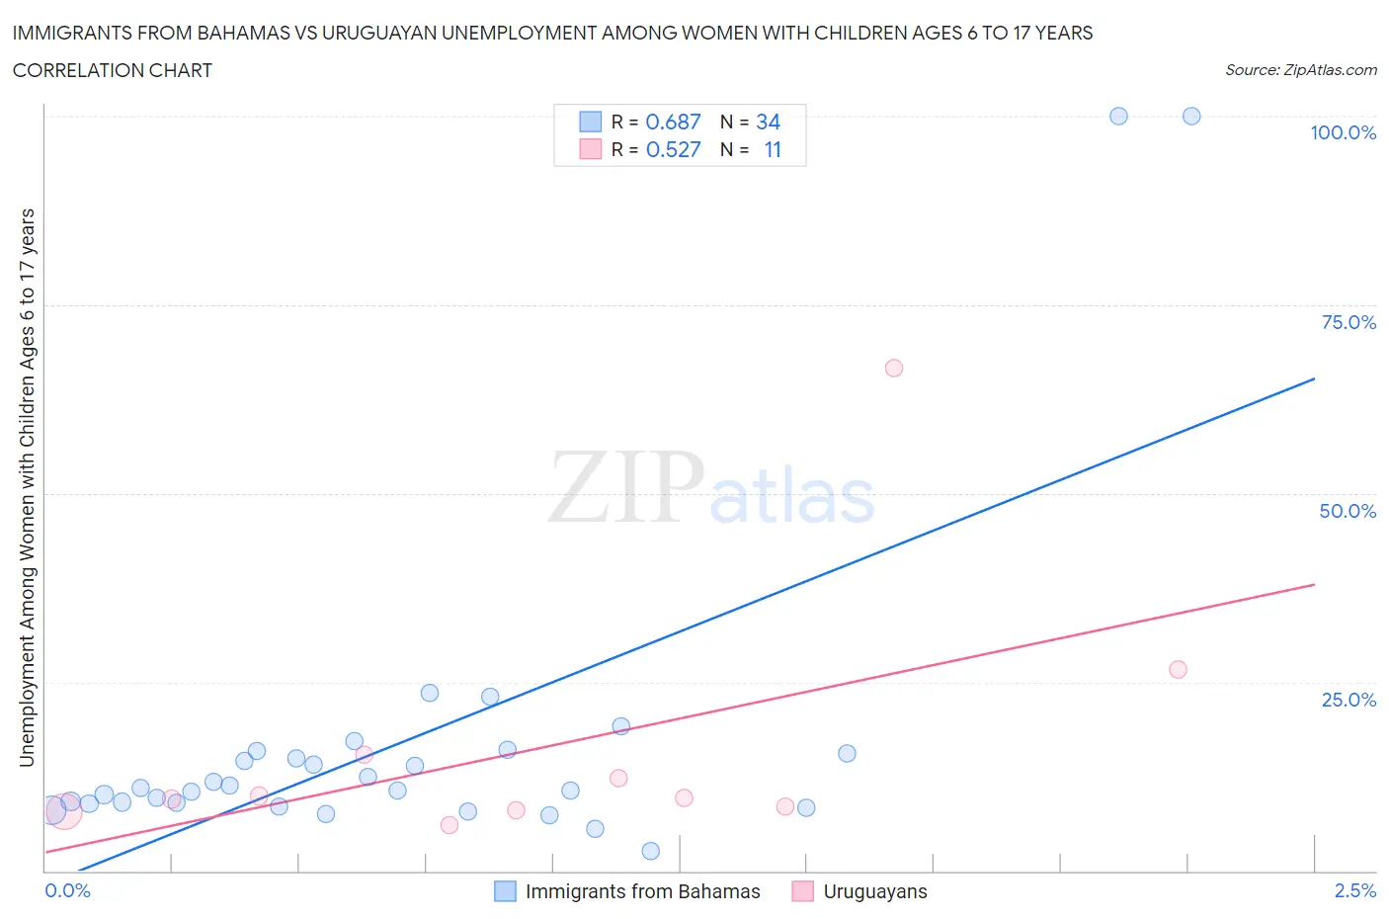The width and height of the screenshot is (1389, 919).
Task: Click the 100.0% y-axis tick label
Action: [1343, 132]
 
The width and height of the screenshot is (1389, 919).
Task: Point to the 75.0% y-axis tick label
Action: [1348, 322]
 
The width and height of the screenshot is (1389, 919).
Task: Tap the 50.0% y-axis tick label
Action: [1348, 511]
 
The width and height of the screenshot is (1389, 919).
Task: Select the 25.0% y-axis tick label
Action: [1348, 700]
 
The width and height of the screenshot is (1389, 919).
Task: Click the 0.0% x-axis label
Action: [67, 890]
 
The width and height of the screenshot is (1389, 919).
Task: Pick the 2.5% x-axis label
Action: [1354, 890]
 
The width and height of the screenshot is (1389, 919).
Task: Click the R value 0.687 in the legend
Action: [673, 122]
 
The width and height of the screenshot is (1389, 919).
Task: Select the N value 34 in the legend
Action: [768, 122]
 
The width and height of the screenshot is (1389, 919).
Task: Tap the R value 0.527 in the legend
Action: [673, 149]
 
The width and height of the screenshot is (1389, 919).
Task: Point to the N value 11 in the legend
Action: [773, 149]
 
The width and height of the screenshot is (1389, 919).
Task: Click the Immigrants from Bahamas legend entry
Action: [642, 891]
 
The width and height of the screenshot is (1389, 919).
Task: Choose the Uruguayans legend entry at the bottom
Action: [874, 891]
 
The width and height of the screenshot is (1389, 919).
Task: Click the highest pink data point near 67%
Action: [894, 368]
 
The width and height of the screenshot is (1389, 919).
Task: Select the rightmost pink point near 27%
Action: [1178, 669]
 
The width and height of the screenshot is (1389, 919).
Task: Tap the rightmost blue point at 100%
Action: [1191, 116]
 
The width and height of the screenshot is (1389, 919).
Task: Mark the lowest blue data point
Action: [650, 851]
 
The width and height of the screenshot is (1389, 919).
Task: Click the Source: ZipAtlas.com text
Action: [1300, 69]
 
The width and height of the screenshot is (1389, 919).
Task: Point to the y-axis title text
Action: [27, 487]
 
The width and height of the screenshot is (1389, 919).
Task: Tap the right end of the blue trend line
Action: [1314, 378]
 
